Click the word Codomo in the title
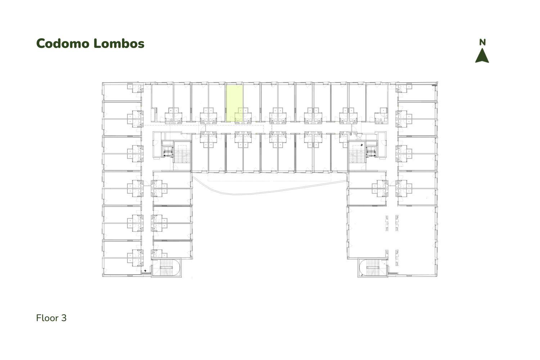(x=63, y=44)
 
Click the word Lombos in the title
(x=119, y=44)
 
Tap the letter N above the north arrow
(x=482, y=42)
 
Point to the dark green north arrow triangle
(x=482, y=55)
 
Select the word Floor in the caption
(x=47, y=318)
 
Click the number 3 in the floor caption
(x=64, y=318)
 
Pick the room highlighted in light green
(x=234, y=103)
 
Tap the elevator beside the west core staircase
(x=168, y=152)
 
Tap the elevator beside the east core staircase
(x=371, y=152)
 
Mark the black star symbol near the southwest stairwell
(x=145, y=271)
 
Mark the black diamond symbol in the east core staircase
(x=361, y=145)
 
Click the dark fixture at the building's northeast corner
(x=434, y=85)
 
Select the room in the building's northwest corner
(x=122, y=92)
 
